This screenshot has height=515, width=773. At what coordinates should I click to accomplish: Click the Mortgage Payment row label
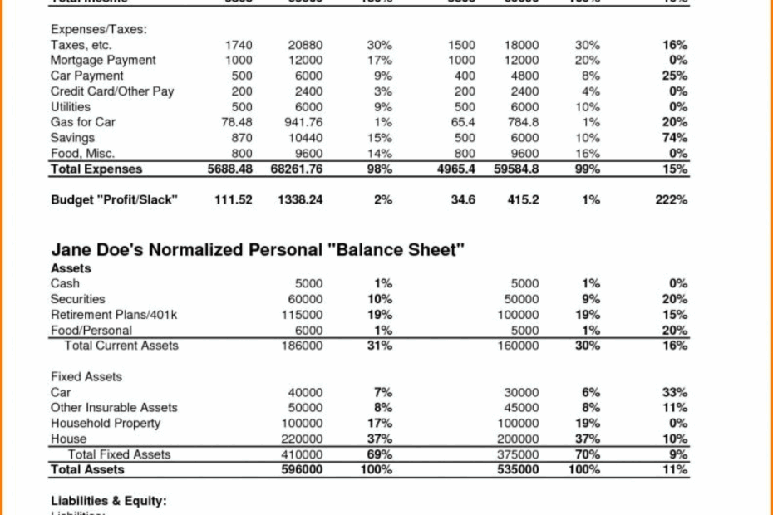click(103, 60)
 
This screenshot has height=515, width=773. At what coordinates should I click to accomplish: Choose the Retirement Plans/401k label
click(114, 315)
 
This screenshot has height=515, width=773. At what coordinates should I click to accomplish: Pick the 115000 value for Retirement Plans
click(301, 315)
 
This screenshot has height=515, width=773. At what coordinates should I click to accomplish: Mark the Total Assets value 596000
click(301, 470)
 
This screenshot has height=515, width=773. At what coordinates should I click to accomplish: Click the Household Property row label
click(106, 424)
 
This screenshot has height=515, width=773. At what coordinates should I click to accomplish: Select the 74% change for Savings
click(675, 138)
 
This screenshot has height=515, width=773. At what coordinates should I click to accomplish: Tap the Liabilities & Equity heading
click(109, 501)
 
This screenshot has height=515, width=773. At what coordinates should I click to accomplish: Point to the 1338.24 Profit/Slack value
click(299, 200)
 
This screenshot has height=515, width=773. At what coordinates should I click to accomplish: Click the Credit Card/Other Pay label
click(112, 91)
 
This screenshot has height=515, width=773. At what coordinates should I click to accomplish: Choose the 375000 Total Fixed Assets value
click(518, 454)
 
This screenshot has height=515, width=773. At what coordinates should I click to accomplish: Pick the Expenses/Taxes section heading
click(98, 29)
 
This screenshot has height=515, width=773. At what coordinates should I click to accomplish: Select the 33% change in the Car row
click(675, 392)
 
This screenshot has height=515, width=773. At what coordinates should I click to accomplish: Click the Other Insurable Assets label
click(114, 408)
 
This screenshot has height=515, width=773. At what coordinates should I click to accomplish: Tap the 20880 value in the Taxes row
click(304, 45)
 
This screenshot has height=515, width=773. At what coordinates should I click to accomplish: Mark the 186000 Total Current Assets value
click(301, 346)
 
